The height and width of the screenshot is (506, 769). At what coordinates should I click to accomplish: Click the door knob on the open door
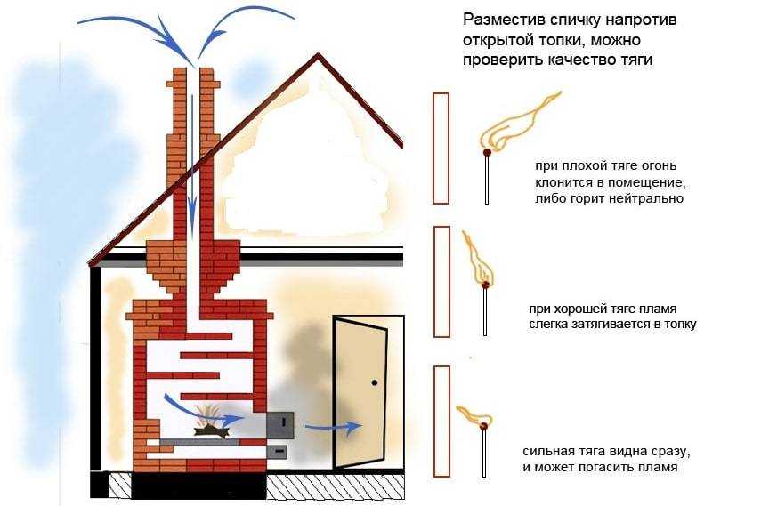(x=375, y=382)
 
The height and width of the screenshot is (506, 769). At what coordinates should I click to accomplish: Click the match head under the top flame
(x=486, y=154)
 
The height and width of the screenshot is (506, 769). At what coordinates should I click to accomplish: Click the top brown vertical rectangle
(x=441, y=148)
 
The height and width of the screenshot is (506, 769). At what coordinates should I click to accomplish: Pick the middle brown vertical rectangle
(x=441, y=282)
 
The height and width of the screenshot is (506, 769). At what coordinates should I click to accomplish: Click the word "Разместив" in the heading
(x=496, y=20)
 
